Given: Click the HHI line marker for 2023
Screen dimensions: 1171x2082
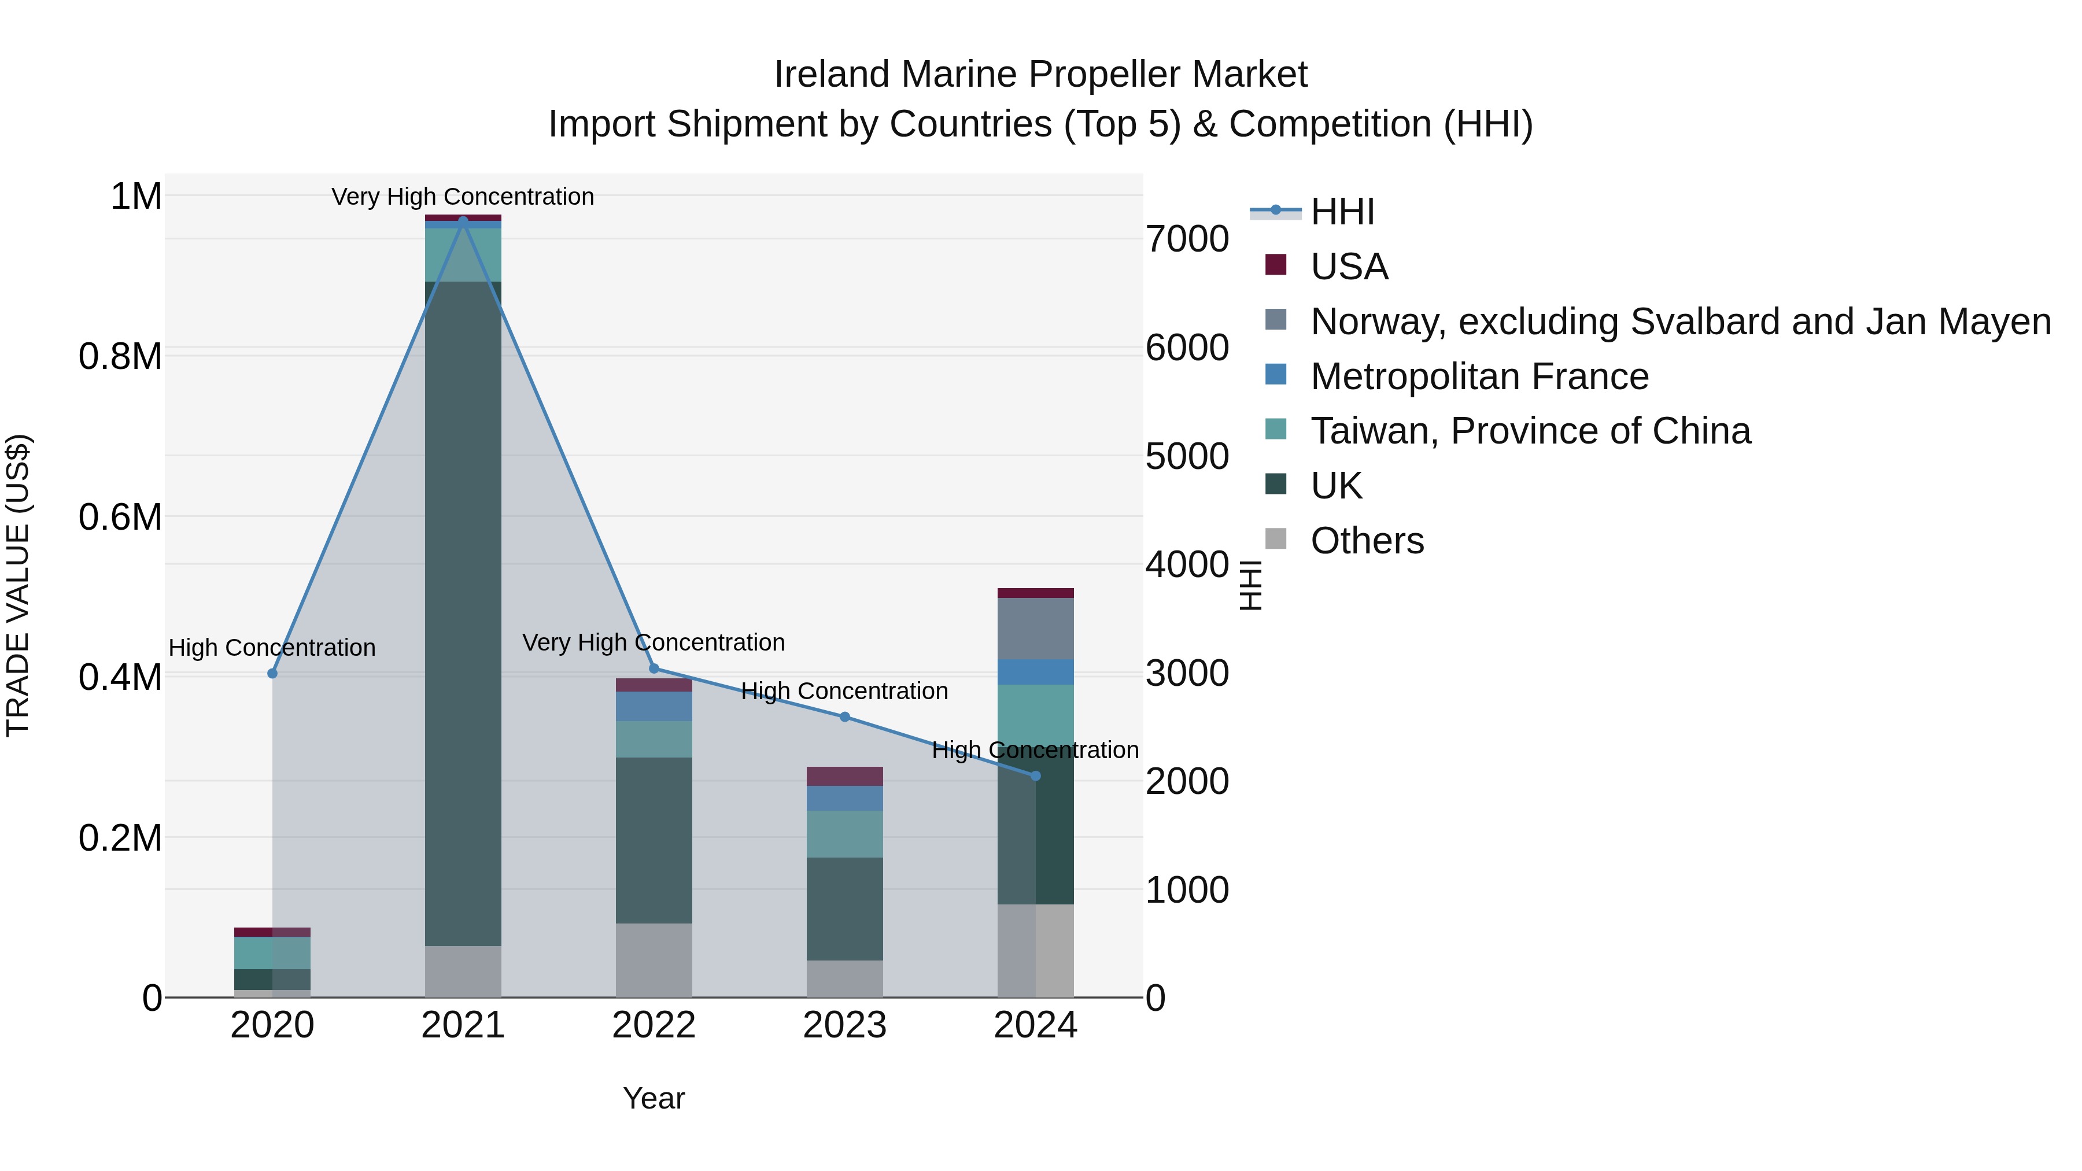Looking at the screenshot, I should pos(844,717).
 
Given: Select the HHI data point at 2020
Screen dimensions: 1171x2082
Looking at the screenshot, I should pos(272,673).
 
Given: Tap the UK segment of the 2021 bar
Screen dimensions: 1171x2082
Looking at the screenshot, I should pos(463,614).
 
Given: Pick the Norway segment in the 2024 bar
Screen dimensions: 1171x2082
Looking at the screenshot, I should pos(1035,629).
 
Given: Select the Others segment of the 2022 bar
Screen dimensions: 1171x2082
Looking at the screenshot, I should pos(654,960).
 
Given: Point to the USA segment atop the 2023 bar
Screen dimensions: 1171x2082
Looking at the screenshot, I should pos(844,776).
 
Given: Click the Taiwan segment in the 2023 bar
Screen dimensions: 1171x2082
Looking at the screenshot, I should pos(844,834).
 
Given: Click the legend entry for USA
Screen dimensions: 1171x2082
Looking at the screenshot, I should pos(1348,267).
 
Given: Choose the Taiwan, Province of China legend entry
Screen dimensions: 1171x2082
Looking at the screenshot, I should pos(1529,431).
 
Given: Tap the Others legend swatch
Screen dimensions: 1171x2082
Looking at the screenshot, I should pos(1275,539).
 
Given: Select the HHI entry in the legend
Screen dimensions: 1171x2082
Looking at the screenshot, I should pos(1342,212).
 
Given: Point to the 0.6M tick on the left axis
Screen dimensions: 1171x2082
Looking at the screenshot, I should pos(120,517).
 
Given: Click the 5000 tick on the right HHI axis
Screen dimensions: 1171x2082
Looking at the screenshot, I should pos(1187,457).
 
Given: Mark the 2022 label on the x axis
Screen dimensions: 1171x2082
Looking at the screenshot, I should pos(654,1025).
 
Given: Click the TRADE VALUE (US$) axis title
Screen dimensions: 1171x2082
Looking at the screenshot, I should pos(18,585).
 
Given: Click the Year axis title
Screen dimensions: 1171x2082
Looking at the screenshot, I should pos(654,1098).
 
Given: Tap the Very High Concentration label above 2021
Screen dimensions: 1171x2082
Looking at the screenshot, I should pos(463,197).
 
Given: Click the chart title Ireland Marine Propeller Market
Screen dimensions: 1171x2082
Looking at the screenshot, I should pos(1040,75).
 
